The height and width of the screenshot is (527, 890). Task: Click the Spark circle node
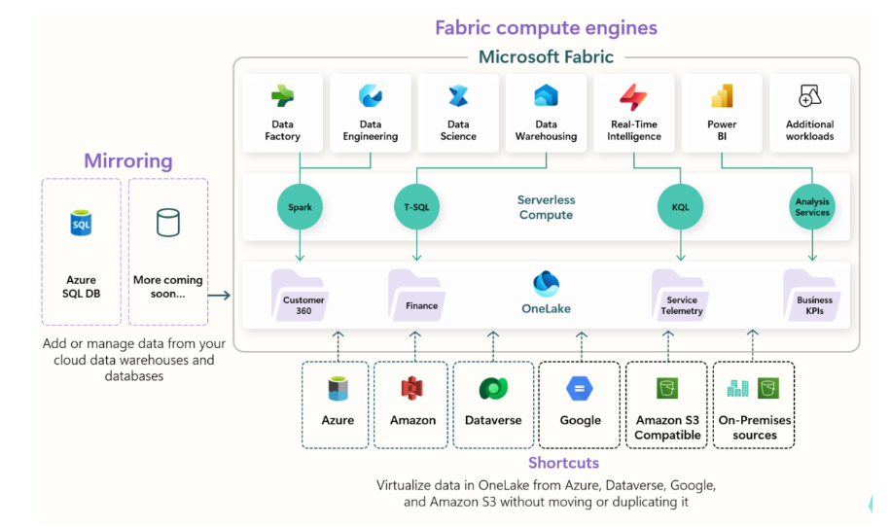300,207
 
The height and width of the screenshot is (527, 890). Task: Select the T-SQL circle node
416,207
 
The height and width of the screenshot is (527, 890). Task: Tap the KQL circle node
680,207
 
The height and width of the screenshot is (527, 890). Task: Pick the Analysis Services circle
812,207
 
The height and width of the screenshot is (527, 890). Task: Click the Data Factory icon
283,96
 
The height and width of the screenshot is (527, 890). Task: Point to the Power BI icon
722,96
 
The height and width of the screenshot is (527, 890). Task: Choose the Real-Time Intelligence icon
633,97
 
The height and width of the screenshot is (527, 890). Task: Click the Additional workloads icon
809,96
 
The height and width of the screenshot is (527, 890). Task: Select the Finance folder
416,296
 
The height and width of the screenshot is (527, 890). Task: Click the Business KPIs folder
811,296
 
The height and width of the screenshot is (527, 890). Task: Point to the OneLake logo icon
546,284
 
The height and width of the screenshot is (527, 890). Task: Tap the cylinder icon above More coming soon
168,223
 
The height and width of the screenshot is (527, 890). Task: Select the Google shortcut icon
580,389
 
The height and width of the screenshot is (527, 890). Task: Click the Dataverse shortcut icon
493,389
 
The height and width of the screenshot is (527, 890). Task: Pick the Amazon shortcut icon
411,389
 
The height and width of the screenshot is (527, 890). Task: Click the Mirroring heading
127,160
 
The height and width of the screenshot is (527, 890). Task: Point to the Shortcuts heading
563,463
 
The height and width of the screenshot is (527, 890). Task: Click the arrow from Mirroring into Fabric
220,295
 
